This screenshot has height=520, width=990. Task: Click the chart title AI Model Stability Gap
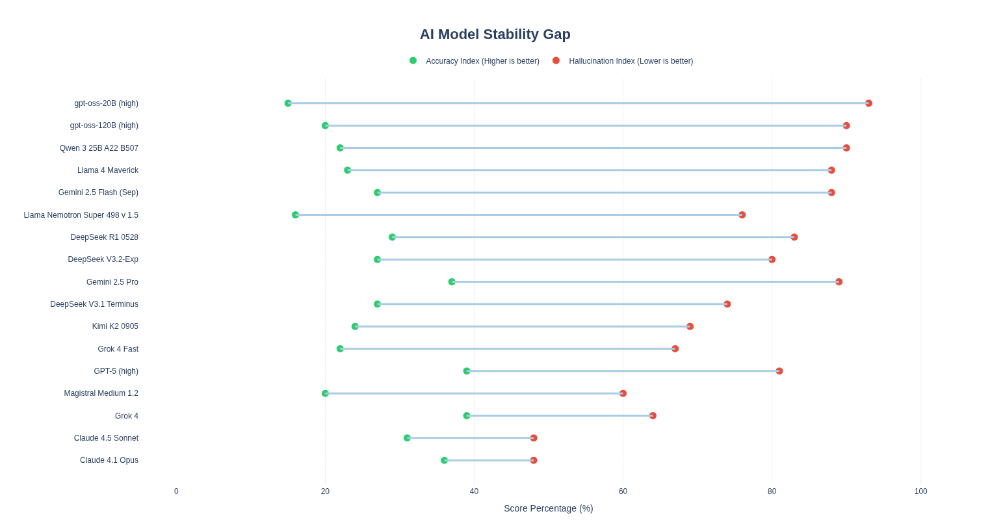495,34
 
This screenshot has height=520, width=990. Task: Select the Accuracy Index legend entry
475,61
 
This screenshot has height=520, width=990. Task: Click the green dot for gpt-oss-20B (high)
288,103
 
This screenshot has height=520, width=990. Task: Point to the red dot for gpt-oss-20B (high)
869,103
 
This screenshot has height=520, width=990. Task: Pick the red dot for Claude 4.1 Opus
534,460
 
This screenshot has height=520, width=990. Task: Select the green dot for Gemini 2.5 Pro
452,282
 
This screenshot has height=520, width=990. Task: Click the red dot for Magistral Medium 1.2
623,393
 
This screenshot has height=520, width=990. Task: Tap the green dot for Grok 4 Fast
341,349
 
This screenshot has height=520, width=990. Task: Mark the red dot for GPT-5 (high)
779,371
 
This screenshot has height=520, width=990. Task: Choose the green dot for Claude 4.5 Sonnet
407,438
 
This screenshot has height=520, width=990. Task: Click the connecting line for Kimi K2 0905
523,326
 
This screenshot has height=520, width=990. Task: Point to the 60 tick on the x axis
623,491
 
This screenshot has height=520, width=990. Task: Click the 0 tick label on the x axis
176,491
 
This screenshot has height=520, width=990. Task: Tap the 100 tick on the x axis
921,491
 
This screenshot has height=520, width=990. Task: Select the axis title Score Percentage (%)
549,508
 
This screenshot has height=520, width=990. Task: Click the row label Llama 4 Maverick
108,170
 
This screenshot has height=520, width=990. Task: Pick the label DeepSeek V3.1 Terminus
94,304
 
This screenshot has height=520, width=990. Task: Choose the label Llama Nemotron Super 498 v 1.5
81,215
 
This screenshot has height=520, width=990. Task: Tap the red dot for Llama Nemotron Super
742,215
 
